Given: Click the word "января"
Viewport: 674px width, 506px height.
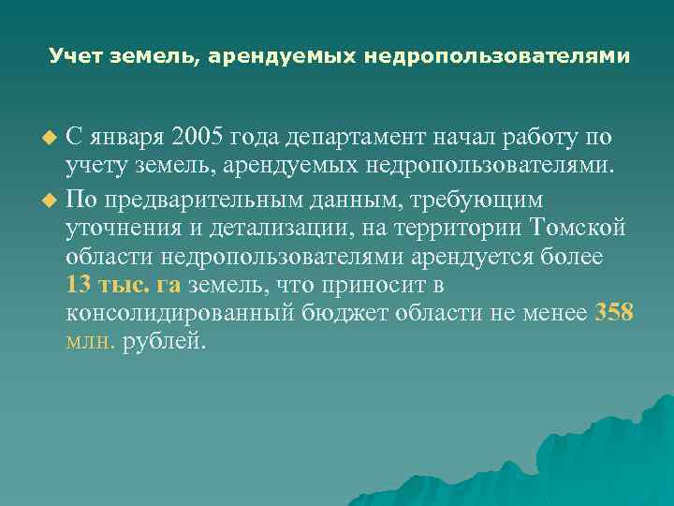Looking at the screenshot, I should pyautogui.click(x=120, y=138).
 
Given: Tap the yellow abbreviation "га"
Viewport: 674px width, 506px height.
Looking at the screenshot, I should pyautogui.click(x=169, y=285).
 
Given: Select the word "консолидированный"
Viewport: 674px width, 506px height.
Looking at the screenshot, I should pyautogui.click(x=182, y=313).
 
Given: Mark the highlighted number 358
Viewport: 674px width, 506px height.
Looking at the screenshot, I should pyautogui.click(x=614, y=313).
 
